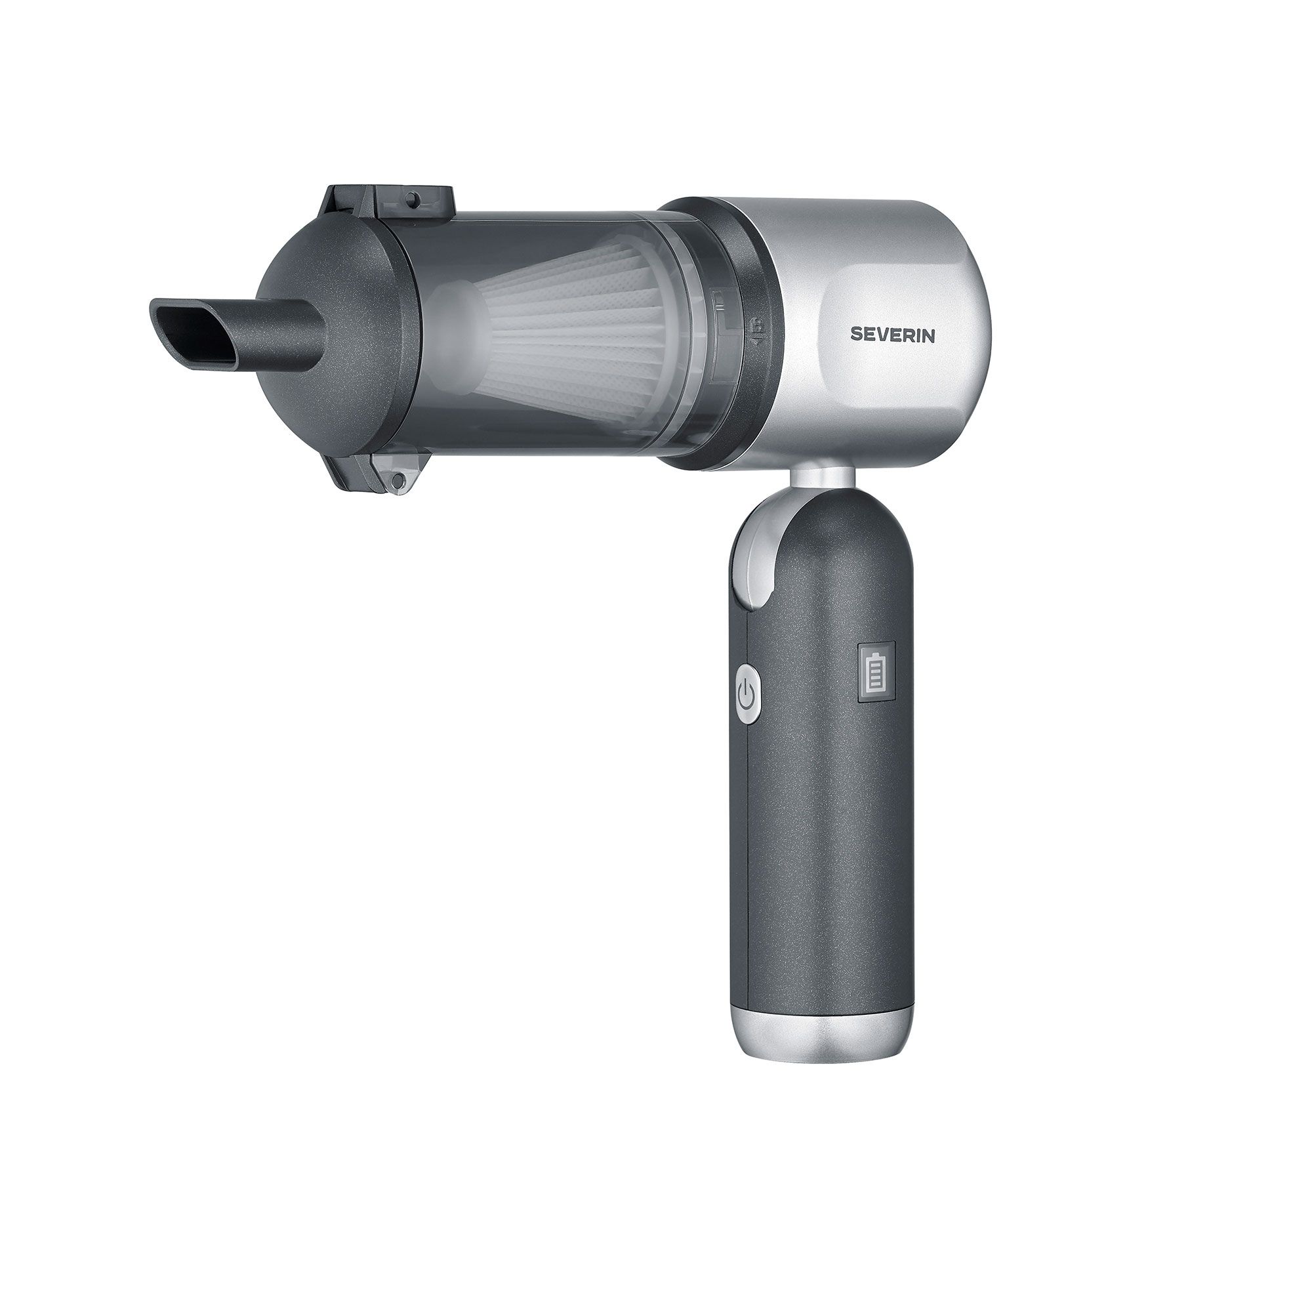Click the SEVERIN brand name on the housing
pyautogui.click(x=893, y=335)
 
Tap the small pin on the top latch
pyautogui.click(x=411, y=198)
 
